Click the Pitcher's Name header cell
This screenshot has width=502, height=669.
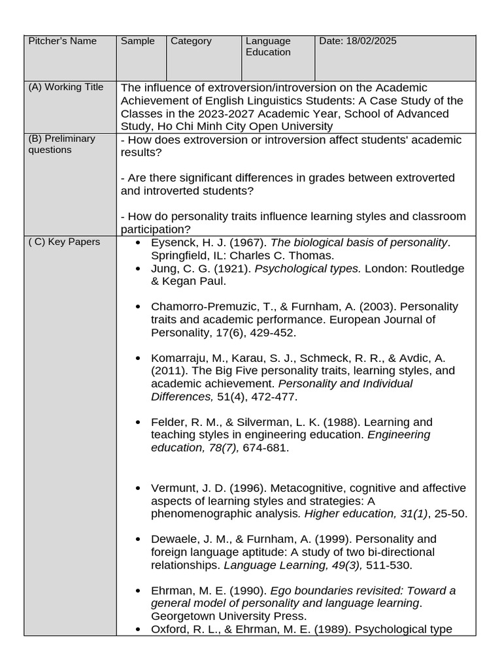62,41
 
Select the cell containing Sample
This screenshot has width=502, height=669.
137,41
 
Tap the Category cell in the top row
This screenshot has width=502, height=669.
191,41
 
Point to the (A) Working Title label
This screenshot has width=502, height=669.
65,87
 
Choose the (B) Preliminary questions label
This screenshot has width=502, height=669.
61,144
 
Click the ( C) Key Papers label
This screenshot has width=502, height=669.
64,242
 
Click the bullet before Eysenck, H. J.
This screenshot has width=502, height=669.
137,243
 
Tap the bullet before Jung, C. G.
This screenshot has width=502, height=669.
137,269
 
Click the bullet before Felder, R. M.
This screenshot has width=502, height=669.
137,423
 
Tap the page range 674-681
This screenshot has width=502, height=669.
265,448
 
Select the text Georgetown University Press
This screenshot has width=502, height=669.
228,615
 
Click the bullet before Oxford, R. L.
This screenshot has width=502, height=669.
137,629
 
